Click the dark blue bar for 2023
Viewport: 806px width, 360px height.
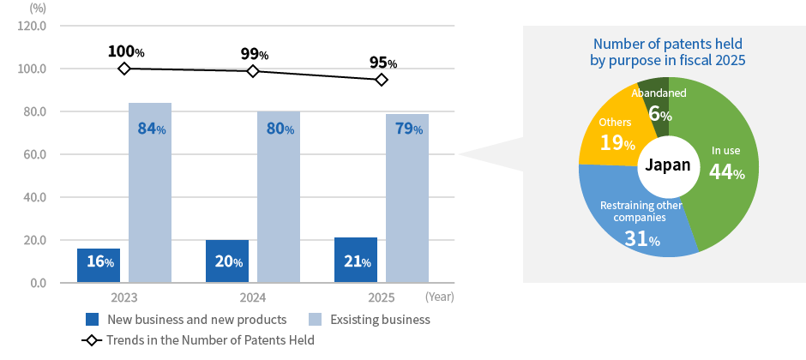click(99, 265)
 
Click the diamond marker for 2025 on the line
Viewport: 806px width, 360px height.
click(382, 80)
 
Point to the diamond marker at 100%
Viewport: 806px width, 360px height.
click(124, 69)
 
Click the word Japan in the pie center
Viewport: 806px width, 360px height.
click(667, 165)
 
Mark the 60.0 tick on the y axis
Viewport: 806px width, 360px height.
click(35, 154)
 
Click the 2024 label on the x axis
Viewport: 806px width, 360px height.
click(253, 297)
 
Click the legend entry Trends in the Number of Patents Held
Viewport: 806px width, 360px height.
click(210, 340)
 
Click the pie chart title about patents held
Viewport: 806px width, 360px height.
click(667, 51)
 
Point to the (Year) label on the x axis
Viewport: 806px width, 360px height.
click(439, 297)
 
